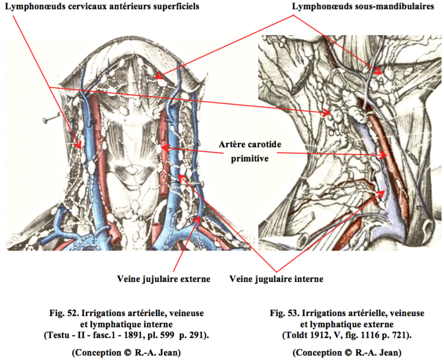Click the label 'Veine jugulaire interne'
coord(275,278)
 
